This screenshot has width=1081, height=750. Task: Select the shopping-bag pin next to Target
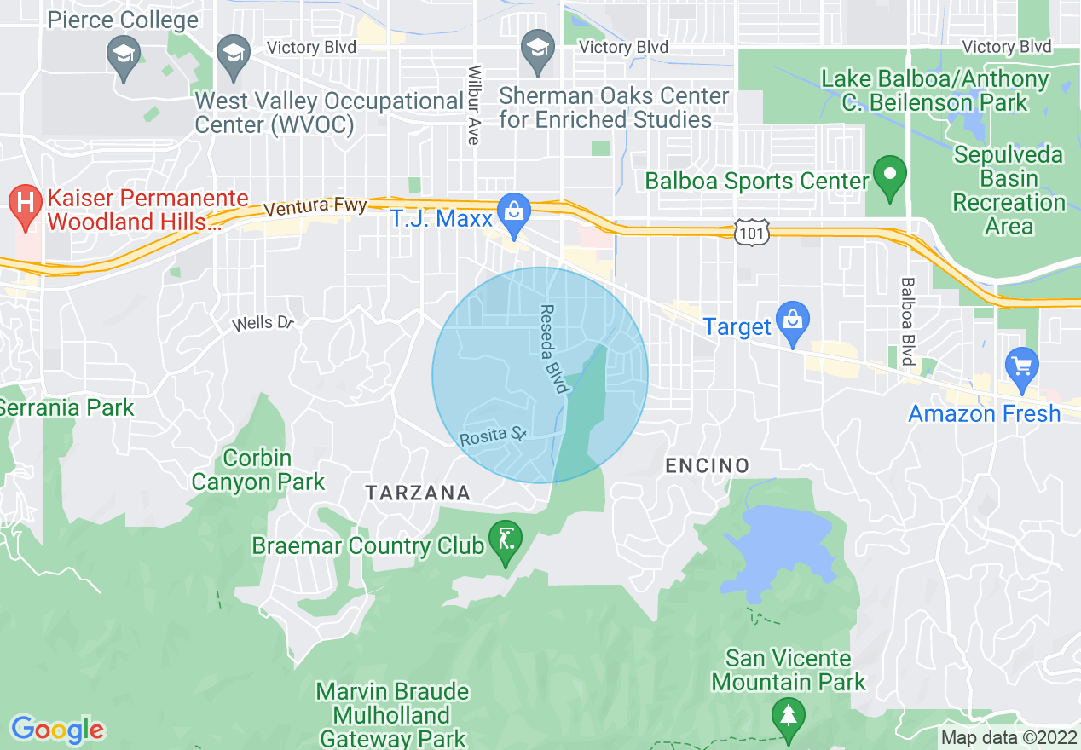(x=793, y=323)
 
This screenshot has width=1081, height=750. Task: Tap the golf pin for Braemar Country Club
(x=506, y=541)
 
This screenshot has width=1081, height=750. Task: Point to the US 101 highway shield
(x=754, y=230)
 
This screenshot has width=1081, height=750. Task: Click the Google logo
(x=57, y=730)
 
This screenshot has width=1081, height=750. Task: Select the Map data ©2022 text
(x=1009, y=737)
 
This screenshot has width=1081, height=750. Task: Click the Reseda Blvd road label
(x=553, y=349)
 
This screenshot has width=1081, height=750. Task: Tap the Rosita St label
(x=493, y=437)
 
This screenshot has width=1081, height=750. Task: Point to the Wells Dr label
(x=264, y=323)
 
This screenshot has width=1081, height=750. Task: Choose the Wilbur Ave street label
(x=475, y=105)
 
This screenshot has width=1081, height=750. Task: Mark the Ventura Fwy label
(x=315, y=207)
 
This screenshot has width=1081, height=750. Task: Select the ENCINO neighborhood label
(x=707, y=465)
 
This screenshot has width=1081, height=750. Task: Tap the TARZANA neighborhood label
(x=418, y=493)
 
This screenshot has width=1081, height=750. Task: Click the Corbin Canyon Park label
(x=257, y=470)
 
